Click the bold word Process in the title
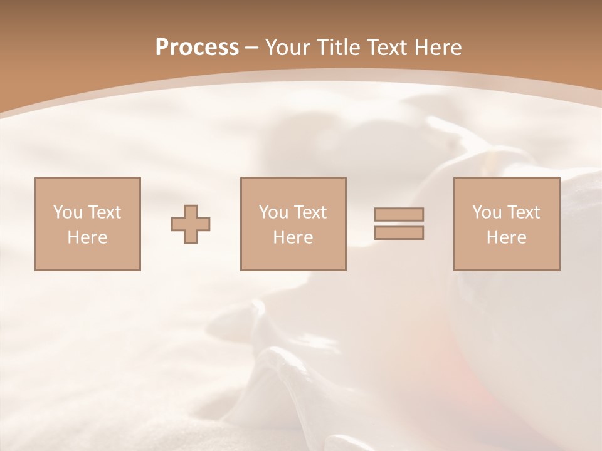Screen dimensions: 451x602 (x=197, y=48)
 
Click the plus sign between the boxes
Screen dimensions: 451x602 (x=191, y=224)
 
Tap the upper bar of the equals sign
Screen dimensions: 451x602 (x=399, y=214)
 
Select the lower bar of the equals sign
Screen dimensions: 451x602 (x=399, y=233)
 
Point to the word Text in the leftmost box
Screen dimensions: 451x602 (x=104, y=212)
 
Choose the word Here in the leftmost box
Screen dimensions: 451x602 (x=87, y=237)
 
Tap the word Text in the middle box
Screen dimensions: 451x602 (x=310, y=212)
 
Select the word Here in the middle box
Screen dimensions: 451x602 (x=293, y=237)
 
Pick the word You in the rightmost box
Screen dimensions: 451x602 (x=487, y=212)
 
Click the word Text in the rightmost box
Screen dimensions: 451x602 (x=523, y=212)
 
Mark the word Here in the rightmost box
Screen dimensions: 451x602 (x=506, y=237)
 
